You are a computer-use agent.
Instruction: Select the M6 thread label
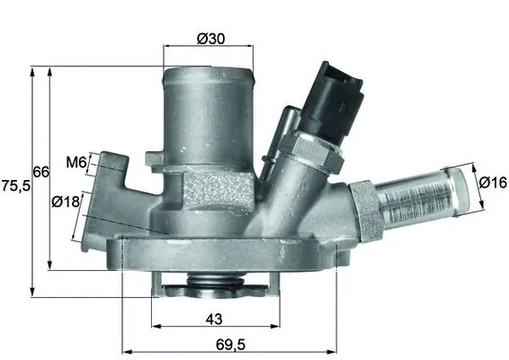[76, 162]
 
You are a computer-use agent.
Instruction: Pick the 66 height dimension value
[41, 172]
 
